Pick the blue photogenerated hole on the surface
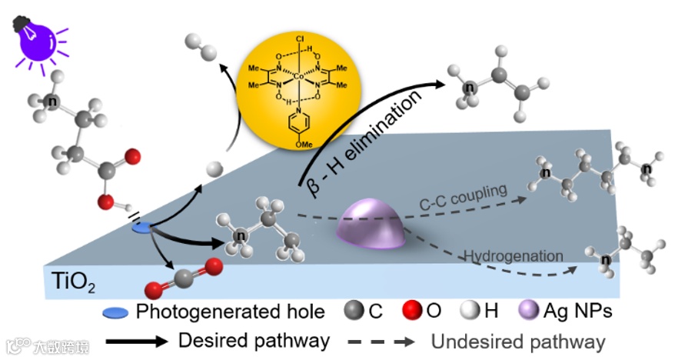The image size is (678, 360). [x=142, y=228]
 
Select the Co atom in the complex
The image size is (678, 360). [x=300, y=76]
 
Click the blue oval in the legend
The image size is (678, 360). [x=117, y=312]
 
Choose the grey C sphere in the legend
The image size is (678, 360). [x=354, y=312]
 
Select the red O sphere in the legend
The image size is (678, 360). [x=413, y=312]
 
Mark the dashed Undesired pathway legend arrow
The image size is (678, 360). [x=381, y=339]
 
